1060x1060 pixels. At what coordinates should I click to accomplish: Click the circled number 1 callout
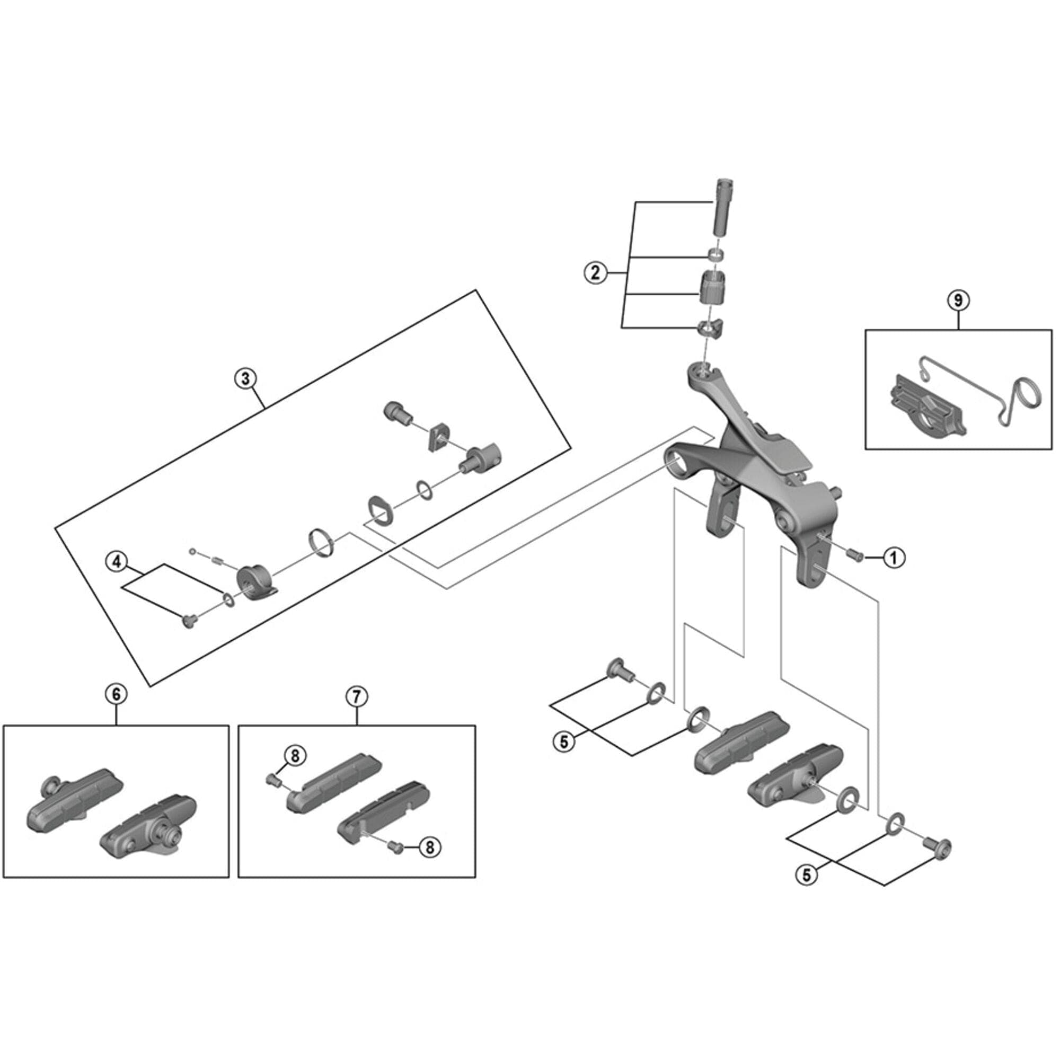tap(894, 559)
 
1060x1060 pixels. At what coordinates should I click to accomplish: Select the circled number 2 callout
tap(595, 272)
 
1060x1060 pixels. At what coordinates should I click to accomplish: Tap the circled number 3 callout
tap(245, 378)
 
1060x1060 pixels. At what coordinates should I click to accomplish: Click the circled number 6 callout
tap(116, 694)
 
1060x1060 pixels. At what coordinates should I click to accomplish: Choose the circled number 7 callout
tap(357, 697)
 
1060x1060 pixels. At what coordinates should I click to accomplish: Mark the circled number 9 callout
tap(958, 300)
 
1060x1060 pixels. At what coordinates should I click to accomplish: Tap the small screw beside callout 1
tap(855, 555)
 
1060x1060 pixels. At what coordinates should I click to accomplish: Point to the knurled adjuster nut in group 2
tap(713, 287)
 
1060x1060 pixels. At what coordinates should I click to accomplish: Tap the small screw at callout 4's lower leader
tap(188, 621)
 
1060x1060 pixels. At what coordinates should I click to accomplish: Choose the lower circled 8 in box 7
tap(430, 847)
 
